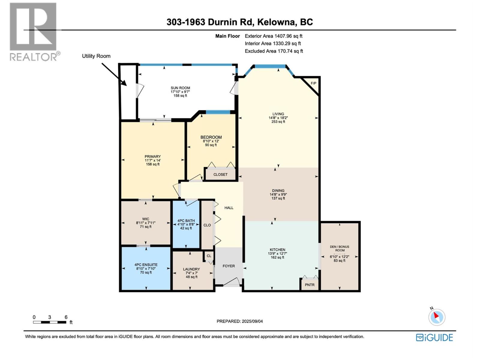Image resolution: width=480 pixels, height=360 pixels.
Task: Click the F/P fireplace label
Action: [x=313, y=83]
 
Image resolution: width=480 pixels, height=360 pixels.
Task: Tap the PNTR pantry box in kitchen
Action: [x=310, y=285]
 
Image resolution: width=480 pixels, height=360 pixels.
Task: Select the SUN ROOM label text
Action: [x=180, y=88]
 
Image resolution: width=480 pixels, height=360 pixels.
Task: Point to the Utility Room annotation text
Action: [x=96, y=56]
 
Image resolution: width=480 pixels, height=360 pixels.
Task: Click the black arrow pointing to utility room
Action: [x=114, y=74]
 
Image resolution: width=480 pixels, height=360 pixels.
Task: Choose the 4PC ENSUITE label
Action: [x=146, y=265]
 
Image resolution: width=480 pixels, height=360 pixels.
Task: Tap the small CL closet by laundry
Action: [x=209, y=256]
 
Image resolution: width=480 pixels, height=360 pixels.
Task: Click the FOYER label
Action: [x=229, y=266]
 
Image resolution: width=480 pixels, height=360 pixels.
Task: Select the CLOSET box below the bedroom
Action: [x=220, y=175]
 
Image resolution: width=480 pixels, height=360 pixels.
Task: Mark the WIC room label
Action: [x=146, y=219]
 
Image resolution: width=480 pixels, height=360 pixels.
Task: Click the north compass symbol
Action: [x=436, y=317]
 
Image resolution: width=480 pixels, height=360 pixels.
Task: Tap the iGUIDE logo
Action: [x=434, y=337]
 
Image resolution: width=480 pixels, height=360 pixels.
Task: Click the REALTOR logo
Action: [x=33, y=31]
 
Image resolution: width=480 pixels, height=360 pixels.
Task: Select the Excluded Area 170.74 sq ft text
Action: [x=274, y=51]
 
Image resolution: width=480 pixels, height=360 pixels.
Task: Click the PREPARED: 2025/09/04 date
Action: [x=240, y=321]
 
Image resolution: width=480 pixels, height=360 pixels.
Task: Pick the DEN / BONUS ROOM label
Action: [x=340, y=248]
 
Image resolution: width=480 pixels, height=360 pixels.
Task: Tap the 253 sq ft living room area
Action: [x=278, y=122]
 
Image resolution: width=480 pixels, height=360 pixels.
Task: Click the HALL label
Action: [x=229, y=208]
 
